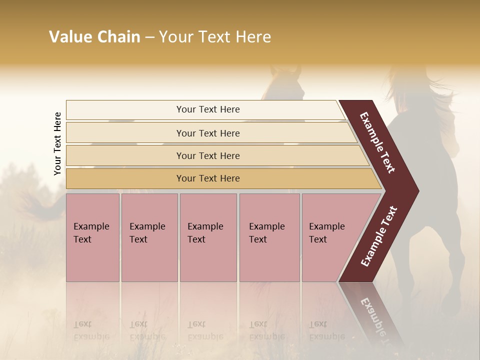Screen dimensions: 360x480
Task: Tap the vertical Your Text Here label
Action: pyautogui.click(x=57, y=143)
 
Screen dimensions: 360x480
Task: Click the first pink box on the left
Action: pyautogui.click(x=92, y=237)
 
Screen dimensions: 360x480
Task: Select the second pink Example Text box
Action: pyautogui.click(x=149, y=237)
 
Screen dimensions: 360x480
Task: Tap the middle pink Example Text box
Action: pyautogui.click(x=208, y=237)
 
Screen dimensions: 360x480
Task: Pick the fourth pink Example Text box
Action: pyautogui.click(x=269, y=237)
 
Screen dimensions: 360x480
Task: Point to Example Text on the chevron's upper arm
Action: pyautogui.click(x=377, y=142)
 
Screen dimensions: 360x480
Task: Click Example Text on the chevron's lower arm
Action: pyautogui.click(x=379, y=236)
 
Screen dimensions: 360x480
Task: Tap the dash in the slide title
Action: pyautogui.click(x=149, y=37)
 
